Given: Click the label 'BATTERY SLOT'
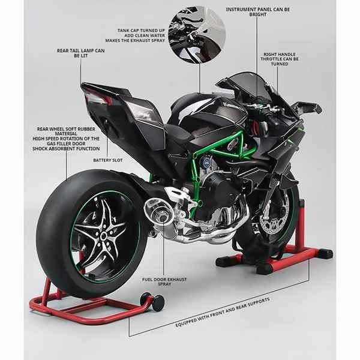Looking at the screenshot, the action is tap(107, 160).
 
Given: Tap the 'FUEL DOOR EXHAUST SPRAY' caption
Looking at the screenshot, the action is tap(164, 282).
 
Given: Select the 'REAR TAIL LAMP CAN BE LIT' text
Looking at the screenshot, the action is tap(81, 53).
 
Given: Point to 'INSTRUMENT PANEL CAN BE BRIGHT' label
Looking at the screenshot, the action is tap(258, 12).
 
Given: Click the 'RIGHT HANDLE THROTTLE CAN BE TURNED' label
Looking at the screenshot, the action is tap(280, 59).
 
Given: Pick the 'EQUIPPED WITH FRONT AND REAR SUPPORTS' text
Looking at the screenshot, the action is tap(223, 313).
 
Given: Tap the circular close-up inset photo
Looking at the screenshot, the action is tap(197, 34).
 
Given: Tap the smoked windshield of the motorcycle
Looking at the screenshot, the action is tap(248, 84).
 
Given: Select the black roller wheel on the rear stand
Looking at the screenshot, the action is tap(158, 302).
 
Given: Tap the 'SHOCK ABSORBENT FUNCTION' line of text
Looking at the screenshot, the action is tap(66, 149).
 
